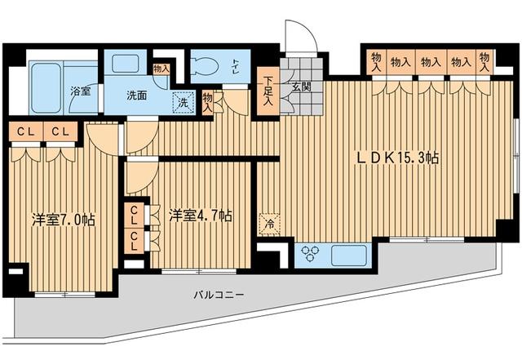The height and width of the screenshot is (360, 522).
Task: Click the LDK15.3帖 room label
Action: point(398,158)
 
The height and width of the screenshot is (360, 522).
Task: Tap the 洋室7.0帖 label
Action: point(64,220)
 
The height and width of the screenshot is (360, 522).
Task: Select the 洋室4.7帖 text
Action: point(201,216)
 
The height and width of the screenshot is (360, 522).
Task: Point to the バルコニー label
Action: point(219,295)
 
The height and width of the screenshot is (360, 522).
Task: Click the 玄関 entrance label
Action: point(301,87)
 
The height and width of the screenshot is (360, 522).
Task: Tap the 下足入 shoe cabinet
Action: point(268,91)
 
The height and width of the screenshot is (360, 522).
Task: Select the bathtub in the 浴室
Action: point(46,88)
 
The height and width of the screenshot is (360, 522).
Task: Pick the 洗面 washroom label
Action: point(136,96)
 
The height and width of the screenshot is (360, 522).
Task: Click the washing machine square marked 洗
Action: point(183,103)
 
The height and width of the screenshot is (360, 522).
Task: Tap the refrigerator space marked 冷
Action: point(269,224)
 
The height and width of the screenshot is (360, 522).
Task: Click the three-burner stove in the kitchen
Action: point(309,254)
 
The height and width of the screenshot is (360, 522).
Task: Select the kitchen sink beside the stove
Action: point(348,256)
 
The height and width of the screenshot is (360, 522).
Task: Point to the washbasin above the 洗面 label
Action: point(125,64)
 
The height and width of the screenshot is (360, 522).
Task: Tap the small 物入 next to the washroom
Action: point(161,69)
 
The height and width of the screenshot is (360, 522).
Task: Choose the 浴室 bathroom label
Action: point(81,91)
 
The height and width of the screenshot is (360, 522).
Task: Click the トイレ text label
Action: point(236,64)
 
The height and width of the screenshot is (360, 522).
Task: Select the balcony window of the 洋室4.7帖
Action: point(199,272)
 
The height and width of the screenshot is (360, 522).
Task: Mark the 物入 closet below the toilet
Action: point(208,103)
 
